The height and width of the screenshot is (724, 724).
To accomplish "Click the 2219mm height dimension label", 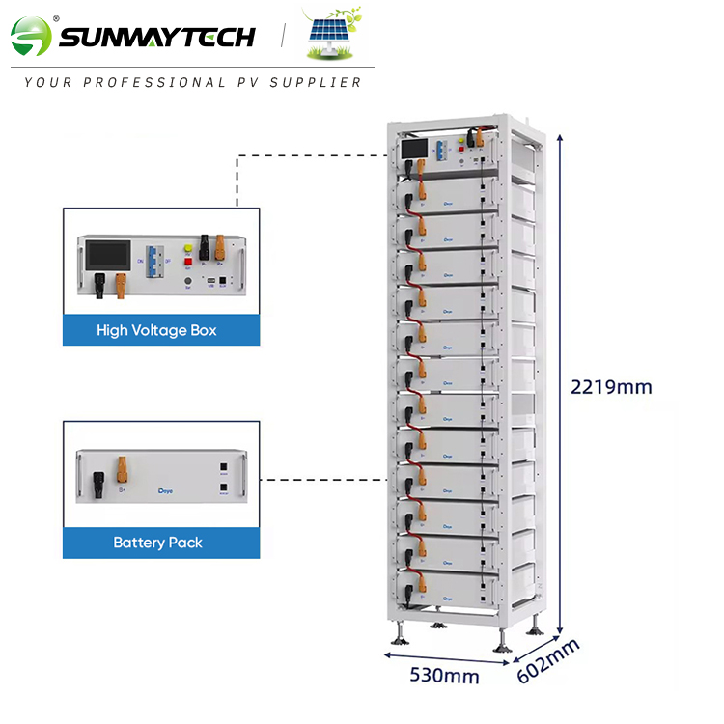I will tap(611, 387).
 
